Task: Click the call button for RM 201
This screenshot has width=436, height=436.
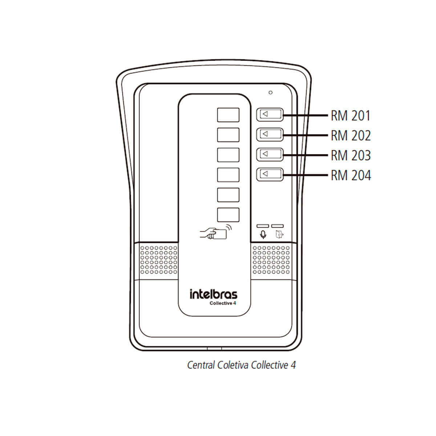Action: pos(270,114)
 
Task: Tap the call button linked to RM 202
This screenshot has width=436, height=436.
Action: pos(270,134)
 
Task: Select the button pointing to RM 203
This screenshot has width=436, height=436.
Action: pos(270,154)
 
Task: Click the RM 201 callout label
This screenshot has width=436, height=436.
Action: pos(351,116)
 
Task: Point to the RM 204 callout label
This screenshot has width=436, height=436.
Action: pos(351,176)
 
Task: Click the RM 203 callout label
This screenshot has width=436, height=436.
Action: pos(351,156)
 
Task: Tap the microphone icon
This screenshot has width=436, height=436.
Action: pos(263,235)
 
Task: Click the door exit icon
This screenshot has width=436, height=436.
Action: pos(279,234)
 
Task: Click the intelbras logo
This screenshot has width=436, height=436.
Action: pos(213,294)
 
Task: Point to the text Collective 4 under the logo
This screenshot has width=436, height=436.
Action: pos(223,303)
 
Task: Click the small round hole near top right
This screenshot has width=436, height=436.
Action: pos(270,93)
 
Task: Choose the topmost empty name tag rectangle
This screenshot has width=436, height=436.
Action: pos(228,115)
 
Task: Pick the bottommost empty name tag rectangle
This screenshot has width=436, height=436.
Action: pos(228,215)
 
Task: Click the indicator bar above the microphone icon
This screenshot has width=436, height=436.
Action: pos(263,226)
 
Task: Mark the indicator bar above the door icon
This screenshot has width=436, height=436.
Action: pos(278,226)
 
